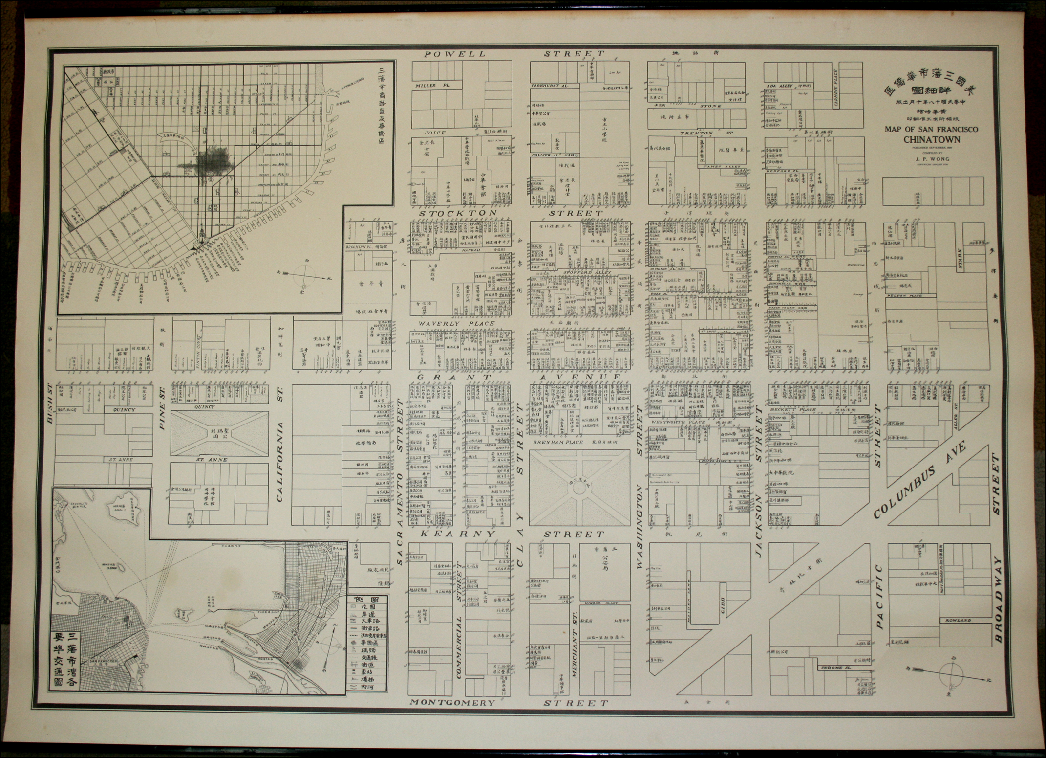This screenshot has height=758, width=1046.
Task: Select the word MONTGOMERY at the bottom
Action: [452, 703]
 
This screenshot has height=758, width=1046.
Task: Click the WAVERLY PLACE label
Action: [456, 323]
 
